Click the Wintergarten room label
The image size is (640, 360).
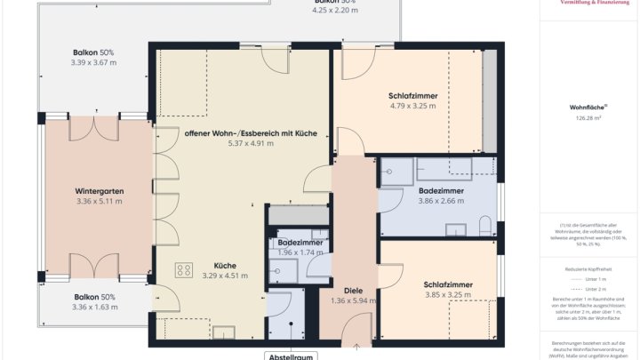click(99, 191)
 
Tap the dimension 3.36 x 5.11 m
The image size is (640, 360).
click(99, 202)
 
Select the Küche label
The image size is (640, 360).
click(225, 265)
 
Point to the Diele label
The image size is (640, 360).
click(353, 290)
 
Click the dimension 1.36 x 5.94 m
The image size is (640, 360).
click(353, 300)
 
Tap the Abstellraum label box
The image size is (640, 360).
click(290, 356)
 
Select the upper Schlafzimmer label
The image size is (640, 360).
click(412, 96)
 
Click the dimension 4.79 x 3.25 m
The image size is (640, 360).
click(412, 106)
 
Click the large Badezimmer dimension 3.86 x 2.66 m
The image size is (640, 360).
click(441, 201)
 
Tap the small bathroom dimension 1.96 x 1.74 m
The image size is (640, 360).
click(300, 252)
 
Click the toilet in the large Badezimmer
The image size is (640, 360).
click(484, 225)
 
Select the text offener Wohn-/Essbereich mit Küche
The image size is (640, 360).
click(251, 132)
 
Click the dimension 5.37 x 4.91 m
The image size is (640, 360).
click(251, 143)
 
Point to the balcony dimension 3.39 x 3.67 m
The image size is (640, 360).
click(93, 63)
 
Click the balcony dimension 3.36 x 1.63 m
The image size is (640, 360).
click(94, 308)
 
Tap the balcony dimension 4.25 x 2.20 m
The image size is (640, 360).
click(334, 10)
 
